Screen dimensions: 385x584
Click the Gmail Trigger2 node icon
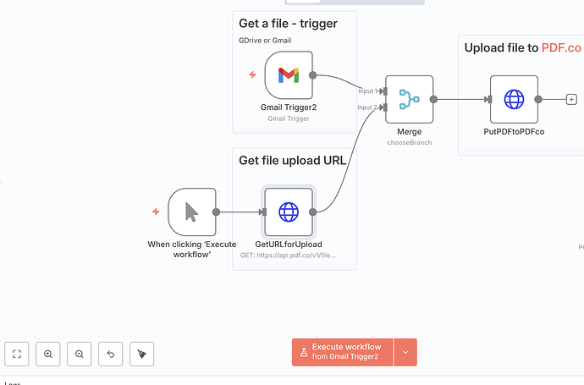pos(289,74)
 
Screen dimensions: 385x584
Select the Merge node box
pos(409,99)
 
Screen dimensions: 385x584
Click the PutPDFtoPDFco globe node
pos(514,99)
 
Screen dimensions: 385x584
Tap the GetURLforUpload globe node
pos(289,212)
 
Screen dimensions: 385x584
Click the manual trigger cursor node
pos(192,212)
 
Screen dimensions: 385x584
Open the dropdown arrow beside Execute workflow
pos(405,352)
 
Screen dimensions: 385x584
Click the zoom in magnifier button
pos(48,354)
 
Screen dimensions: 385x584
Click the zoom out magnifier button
pos(80,354)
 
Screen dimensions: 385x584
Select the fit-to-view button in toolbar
pos(17,354)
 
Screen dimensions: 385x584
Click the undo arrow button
pos(111,354)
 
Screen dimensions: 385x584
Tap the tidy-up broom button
pos(141,354)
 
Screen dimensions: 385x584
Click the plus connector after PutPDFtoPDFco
pos(571,99)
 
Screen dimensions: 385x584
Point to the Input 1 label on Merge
pos(366,91)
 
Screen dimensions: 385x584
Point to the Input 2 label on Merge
pos(366,107)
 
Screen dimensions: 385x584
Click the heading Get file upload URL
pos(293,160)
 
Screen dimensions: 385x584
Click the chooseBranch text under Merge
pos(409,143)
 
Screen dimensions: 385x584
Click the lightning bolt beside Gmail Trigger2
pos(251,74)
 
